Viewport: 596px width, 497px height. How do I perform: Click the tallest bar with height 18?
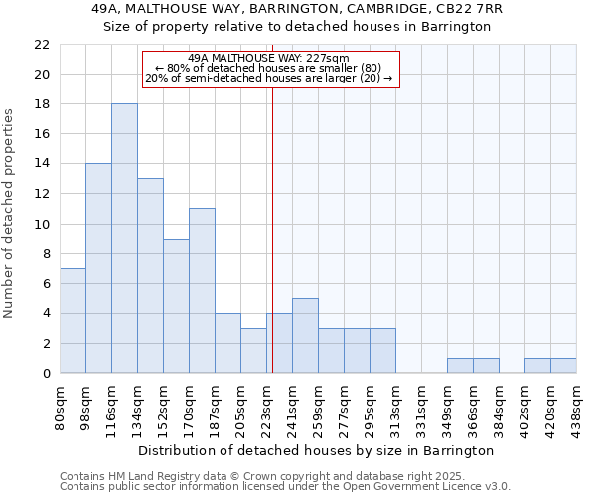[124, 239]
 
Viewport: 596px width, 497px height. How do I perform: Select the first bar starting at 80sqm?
[73, 320]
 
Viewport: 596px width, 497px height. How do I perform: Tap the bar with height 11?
[202, 290]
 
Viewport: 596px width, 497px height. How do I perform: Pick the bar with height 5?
[305, 335]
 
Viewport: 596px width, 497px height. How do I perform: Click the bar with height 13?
[150, 275]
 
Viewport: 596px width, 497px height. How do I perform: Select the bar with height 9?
[176, 305]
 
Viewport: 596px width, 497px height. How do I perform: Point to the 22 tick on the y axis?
[42, 45]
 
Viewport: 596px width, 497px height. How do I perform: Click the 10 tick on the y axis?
[42, 224]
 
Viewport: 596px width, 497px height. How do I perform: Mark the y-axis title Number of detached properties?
[10, 215]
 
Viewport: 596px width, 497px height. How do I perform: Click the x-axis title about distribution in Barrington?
[317, 450]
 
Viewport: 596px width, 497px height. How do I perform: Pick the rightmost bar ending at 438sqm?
[563, 365]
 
